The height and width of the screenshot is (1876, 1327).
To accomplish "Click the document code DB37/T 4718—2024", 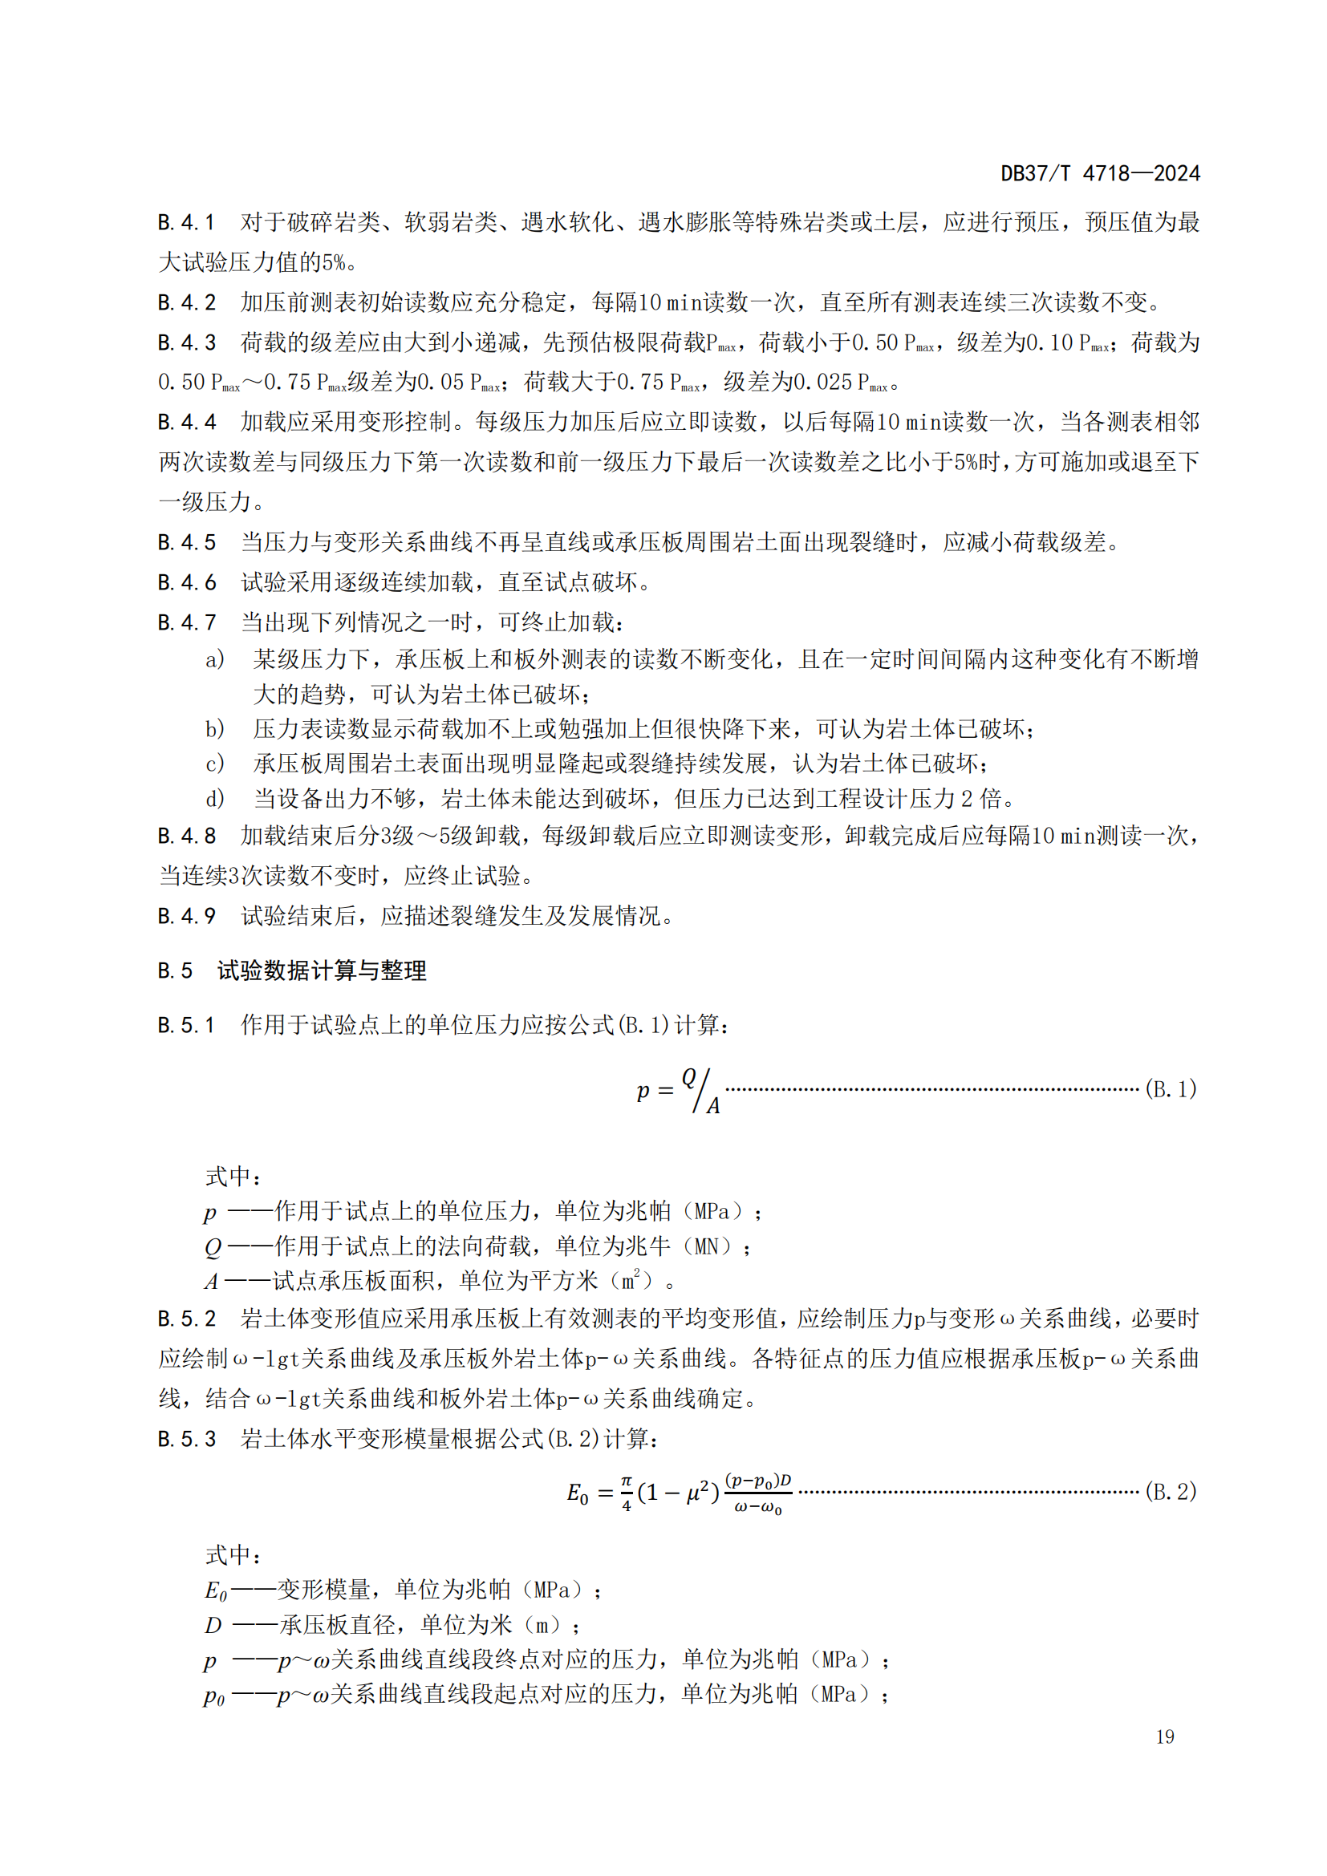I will [x=1100, y=173].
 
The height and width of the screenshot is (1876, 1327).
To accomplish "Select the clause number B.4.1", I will [x=185, y=222].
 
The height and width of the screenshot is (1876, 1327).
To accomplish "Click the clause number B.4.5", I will [x=186, y=542].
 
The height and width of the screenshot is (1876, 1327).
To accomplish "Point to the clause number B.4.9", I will [x=186, y=916].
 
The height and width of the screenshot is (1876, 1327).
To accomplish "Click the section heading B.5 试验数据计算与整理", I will [x=292, y=970].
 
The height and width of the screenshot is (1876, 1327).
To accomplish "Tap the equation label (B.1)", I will [x=1170, y=1089].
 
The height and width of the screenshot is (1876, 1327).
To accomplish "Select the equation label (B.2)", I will [x=1170, y=1491].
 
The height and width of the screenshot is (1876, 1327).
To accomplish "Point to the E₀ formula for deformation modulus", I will [x=679, y=1493].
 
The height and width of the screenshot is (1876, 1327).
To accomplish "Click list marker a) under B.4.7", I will [x=215, y=659].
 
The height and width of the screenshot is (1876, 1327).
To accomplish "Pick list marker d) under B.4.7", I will [x=215, y=798].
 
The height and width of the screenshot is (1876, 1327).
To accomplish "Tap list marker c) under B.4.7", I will [x=215, y=764].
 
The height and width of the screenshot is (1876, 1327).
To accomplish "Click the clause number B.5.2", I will [x=186, y=1319].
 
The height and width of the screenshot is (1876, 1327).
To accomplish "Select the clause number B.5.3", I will [x=186, y=1439].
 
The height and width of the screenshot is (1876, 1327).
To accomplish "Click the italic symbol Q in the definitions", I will [x=213, y=1247].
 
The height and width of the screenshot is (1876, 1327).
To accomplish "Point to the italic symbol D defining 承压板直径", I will [x=213, y=1625].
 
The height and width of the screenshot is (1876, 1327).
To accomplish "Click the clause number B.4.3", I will [x=186, y=342].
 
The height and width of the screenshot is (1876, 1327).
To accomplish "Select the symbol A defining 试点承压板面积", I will [x=212, y=1281].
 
